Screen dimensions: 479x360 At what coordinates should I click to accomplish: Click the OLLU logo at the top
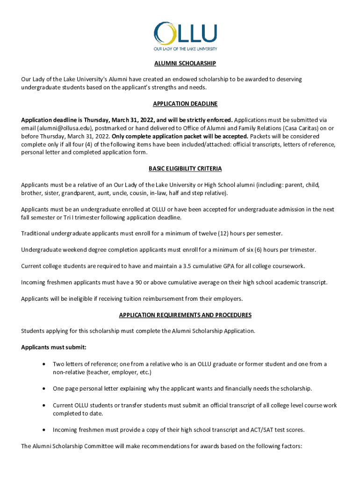click(185, 36)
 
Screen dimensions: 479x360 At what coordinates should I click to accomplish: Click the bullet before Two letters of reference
click(43, 364)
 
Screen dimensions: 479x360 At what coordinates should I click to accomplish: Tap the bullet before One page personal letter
click(43, 389)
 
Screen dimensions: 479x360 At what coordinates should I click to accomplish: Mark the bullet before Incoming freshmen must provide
click(43, 429)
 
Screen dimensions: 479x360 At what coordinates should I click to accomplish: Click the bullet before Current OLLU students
click(43, 405)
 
